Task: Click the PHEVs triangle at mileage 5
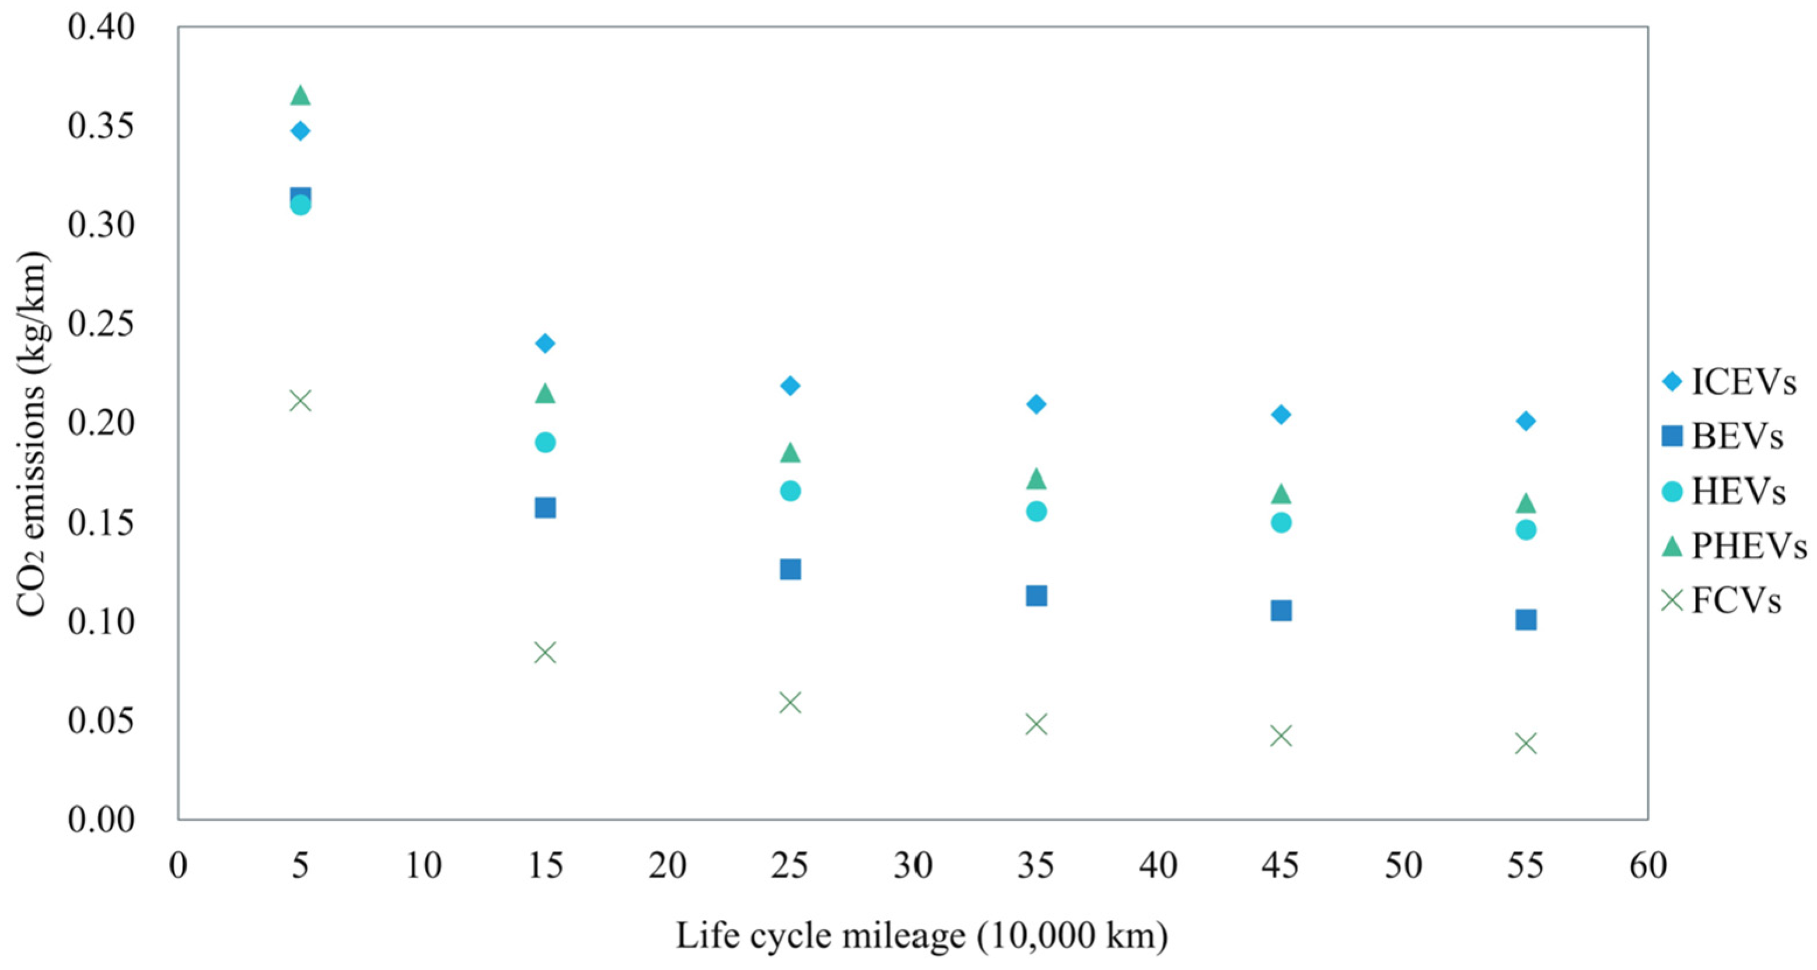pos(300,94)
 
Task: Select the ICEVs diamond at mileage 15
pos(545,344)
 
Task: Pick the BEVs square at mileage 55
pos(1526,619)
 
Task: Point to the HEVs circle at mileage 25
pos(790,491)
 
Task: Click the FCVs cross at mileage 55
pos(1526,743)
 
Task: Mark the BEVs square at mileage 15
pos(545,507)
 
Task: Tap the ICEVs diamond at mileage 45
pos(1281,415)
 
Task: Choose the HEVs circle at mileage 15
pos(545,443)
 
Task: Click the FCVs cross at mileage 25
pos(790,703)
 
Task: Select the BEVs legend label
pos(1737,436)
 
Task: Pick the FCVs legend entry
pos(1722,601)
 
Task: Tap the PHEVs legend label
pos(1749,547)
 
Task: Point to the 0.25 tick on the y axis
pos(101,324)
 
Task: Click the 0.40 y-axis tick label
pos(101,27)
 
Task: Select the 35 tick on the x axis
pos(1036,866)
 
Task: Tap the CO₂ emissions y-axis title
pos(31,433)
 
